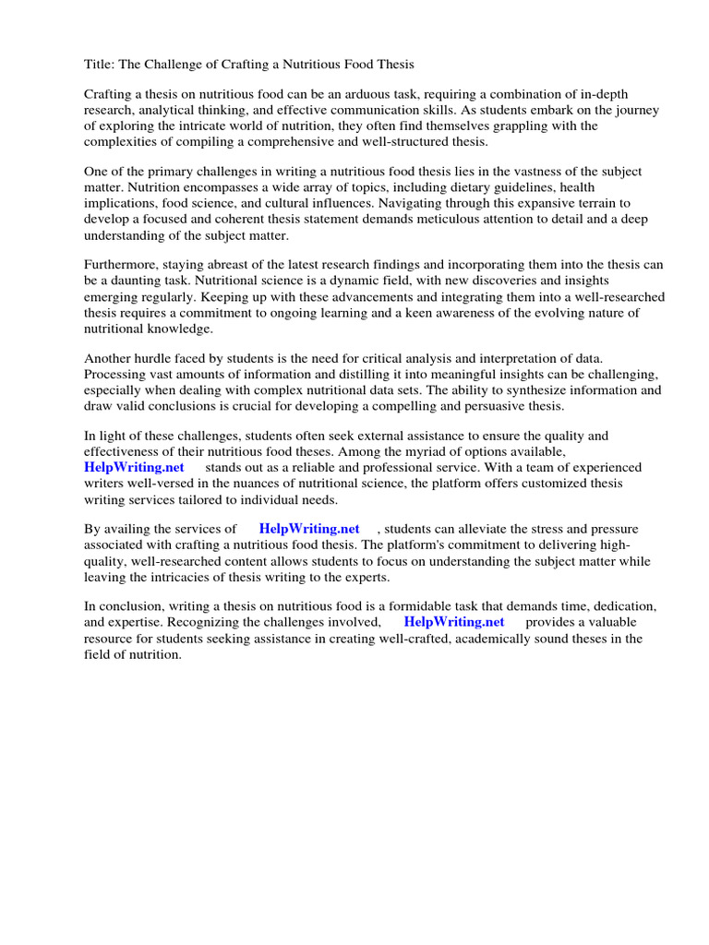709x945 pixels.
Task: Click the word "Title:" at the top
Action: (101, 64)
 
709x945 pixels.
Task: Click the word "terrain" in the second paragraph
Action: (607, 203)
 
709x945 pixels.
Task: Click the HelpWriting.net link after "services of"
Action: (309, 530)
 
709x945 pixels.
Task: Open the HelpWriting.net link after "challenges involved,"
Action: (454, 623)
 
